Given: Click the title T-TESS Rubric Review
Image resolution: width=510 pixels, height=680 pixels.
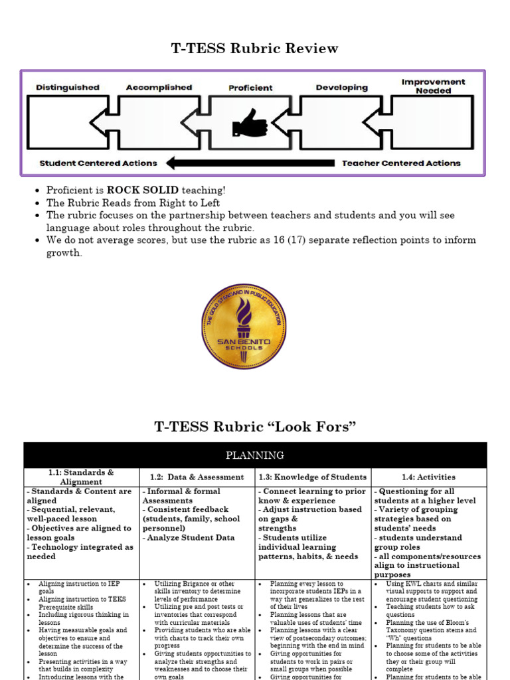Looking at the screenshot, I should coord(255,48).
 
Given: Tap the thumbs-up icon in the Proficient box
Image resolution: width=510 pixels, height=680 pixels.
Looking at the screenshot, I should coord(250,124).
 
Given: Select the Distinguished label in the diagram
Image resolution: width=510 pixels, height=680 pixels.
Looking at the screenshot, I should coord(68,87).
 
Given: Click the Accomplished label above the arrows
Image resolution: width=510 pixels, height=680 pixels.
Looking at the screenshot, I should coord(159,87).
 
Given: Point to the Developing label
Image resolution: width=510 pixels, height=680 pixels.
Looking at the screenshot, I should coord(341,87).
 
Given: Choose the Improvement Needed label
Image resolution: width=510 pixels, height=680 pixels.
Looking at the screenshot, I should coord(433,86).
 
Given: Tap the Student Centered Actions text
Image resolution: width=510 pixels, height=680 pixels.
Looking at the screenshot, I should coord(98,163).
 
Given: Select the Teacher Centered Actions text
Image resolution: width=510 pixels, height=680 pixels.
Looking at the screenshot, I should coord(401,163).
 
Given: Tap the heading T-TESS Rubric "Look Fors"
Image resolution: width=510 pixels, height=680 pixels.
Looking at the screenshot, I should coord(255,426).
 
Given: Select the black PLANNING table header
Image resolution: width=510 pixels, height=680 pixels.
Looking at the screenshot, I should coord(255,455).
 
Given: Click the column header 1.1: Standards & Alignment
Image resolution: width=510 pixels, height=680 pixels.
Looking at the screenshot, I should coord(81,477).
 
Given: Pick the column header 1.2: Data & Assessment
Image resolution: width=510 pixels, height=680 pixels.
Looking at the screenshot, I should coord(197,477).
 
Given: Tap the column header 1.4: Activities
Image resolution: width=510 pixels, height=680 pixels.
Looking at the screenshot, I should coord(429,477).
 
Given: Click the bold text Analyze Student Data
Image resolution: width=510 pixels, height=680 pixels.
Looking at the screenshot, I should coord(191,537).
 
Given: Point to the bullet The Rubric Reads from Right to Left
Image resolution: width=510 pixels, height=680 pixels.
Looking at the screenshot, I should coord(133,203).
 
